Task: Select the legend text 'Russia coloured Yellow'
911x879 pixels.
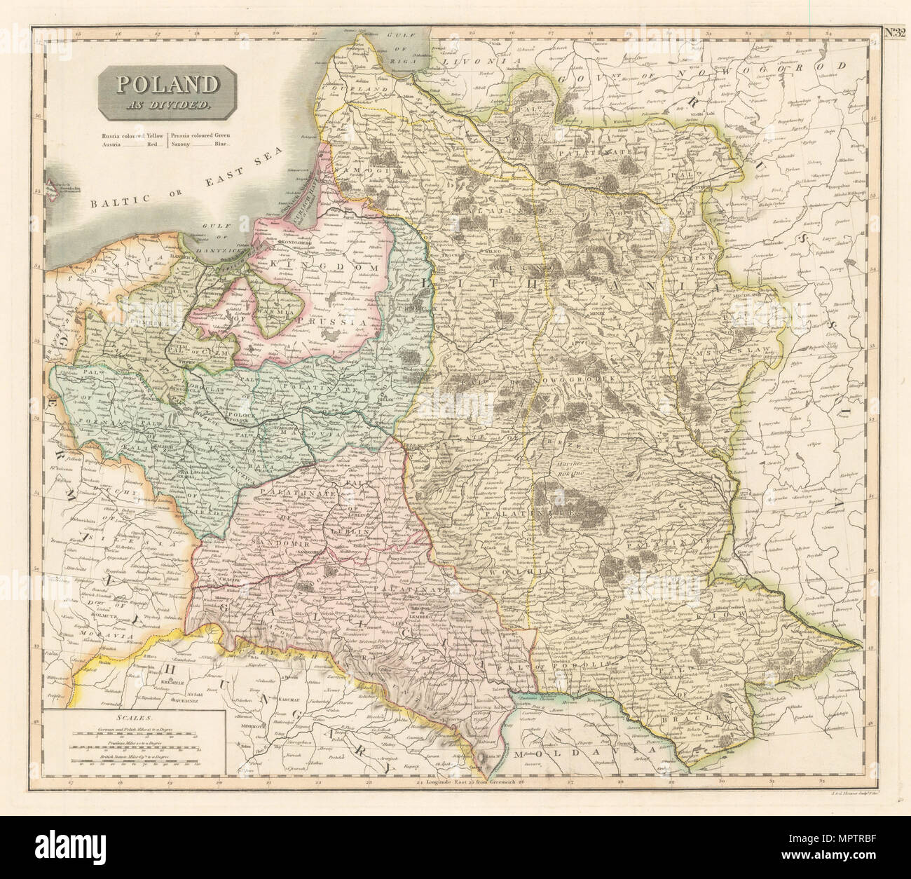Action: [129, 134]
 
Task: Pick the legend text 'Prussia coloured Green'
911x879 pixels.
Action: [203, 134]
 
